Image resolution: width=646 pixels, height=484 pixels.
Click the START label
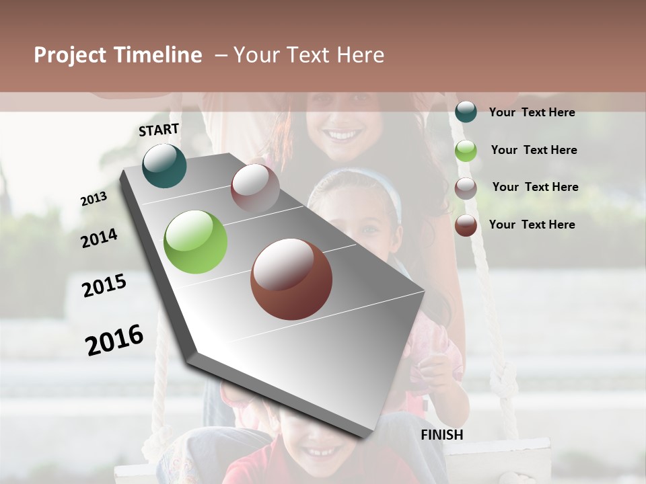click(x=159, y=130)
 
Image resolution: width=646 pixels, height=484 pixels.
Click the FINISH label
click(x=442, y=435)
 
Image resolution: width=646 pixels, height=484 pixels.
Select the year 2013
click(x=94, y=199)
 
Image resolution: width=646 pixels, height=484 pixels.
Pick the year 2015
click(x=104, y=286)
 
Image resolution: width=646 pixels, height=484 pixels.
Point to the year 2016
click(x=114, y=339)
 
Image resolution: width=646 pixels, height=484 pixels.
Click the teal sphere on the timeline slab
click(x=164, y=166)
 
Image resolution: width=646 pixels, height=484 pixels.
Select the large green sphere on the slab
click(x=195, y=242)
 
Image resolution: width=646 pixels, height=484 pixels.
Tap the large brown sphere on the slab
click(x=291, y=279)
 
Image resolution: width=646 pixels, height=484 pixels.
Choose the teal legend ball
click(x=466, y=112)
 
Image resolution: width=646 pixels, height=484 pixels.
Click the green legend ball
click(x=466, y=150)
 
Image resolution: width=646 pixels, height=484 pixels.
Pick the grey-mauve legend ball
click(x=466, y=188)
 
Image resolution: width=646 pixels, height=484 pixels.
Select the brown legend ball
click(x=466, y=225)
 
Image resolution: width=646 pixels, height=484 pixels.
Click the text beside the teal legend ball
click(x=532, y=112)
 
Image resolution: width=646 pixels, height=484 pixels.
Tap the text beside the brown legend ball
click(x=532, y=225)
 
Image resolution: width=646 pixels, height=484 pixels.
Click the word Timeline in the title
click(x=159, y=55)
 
